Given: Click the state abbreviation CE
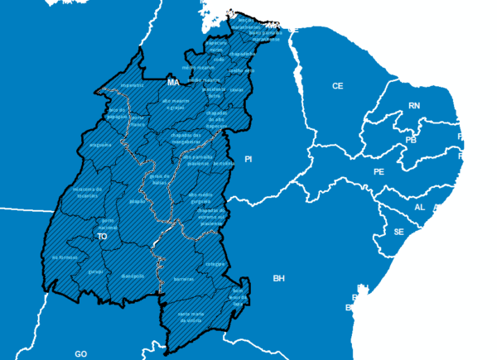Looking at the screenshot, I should (337, 86).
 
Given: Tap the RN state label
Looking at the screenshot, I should (414, 106).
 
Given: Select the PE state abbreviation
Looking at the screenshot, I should (379, 172).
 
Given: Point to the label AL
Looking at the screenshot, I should (419, 208).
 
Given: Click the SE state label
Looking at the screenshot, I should (398, 232).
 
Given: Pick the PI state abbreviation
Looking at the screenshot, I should (247, 158).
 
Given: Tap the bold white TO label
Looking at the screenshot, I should (103, 237).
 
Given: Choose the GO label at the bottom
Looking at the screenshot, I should (80, 353).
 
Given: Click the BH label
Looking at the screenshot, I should (278, 279).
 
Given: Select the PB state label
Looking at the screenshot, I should (411, 141).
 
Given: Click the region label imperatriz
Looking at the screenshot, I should (132, 85).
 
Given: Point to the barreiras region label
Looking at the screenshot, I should (183, 280).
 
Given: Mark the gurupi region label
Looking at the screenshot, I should (95, 271).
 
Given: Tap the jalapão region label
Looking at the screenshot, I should (138, 201).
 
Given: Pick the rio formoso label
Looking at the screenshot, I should (64, 257).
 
